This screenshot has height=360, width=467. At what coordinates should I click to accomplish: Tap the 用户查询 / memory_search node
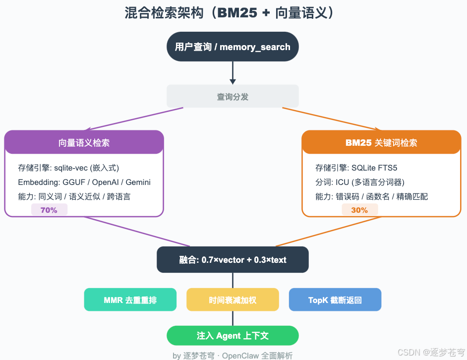(233, 47)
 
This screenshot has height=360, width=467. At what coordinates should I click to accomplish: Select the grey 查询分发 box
(233, 97)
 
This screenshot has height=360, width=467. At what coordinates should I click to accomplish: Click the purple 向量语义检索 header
(84, 143)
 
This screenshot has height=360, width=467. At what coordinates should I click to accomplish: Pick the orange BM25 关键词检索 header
(381, 143)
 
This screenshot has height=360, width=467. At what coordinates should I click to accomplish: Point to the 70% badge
(49, 210)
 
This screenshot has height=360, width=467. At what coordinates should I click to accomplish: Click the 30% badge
(359, 210)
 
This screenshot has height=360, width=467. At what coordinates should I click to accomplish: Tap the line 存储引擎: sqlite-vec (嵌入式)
(68, 168)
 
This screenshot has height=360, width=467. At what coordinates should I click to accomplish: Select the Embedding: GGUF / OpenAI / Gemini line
(84, 182)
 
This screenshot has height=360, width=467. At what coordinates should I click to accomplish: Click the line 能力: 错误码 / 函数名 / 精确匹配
(371, 196)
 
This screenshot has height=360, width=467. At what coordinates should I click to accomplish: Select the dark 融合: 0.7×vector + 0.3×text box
(233, 260)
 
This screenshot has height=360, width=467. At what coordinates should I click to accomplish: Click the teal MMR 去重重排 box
(130, 300)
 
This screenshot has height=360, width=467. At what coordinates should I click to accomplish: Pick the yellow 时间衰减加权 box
(233, 300)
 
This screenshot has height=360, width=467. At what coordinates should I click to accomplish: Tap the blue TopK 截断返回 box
(335, 300)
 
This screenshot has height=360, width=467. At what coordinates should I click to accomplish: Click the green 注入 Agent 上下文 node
(233, 336)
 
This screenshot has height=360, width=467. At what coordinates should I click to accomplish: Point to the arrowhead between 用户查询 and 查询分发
(233, 81)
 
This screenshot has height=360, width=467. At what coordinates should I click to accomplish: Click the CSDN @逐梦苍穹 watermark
(431, 352)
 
